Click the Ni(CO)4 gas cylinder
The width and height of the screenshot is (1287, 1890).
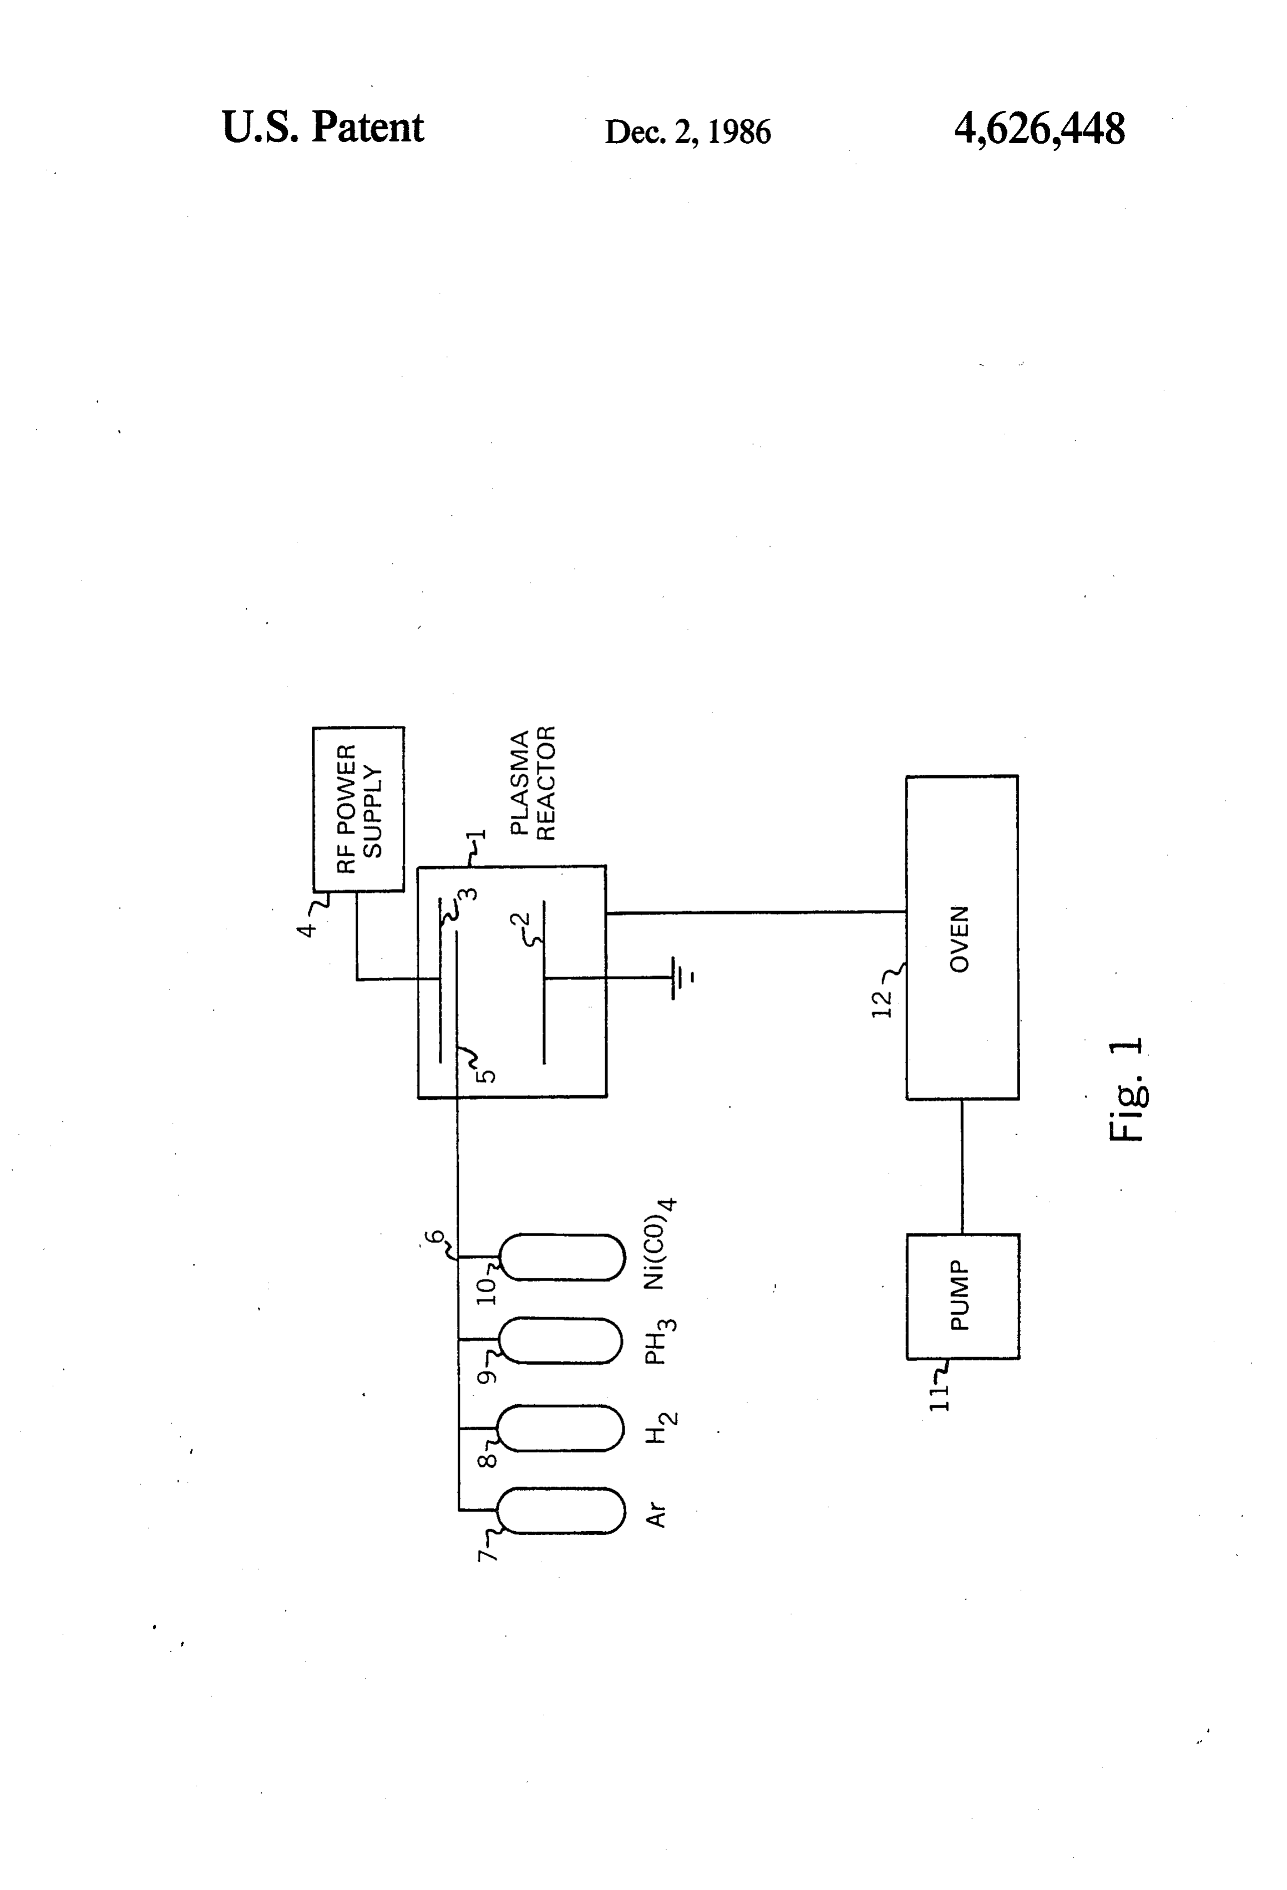(x=560, y=1257)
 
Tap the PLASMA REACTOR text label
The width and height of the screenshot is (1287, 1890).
(x=533, y=783)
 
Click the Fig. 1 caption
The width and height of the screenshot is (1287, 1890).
(x=1128, y=1090)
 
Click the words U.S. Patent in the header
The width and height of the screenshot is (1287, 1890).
(x=322, y=128)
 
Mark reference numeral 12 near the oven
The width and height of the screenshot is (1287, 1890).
(x=882, y=1004)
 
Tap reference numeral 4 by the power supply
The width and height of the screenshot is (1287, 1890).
(x=307, y=929)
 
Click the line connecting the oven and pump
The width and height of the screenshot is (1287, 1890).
(x=962, y=1167)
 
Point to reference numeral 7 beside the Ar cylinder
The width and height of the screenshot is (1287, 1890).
(x=485, y=1554)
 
